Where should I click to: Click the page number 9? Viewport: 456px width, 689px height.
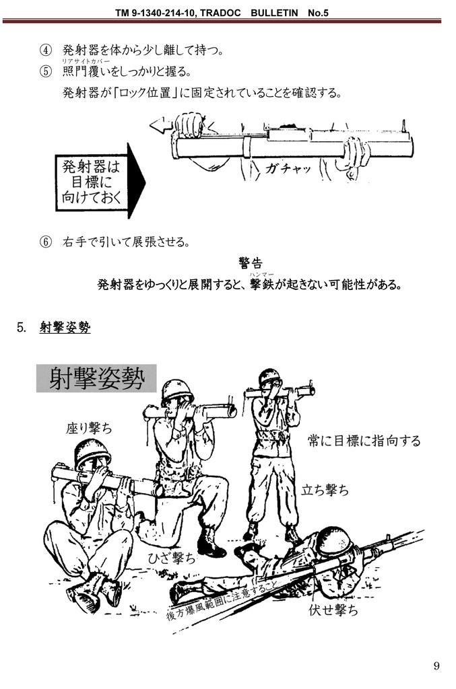pyautogui.click(x=436, y=665)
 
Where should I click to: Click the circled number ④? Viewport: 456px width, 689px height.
pyautogui.click(x=45, y=50)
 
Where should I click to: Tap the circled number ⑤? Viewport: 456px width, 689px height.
pyautogui.click(x=45, y=71)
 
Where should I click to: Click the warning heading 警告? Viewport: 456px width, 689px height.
pyautogui.click(x=250, y=262)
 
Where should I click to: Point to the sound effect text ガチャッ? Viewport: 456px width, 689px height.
pyautogui.click(x=288, y=168)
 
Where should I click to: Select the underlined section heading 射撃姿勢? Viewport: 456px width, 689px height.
pyautogui.click(x=65, y=328)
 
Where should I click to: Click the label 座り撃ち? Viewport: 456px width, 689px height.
pyautogui.click(x=89, y=427)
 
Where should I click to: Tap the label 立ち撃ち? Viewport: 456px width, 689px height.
pyautogui.click(x=325, y=490)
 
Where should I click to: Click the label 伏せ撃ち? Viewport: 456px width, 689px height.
pyautogui.click(x=333, y=610)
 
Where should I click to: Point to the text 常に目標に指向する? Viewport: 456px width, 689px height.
pyautogui.click(x=364, y=441)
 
